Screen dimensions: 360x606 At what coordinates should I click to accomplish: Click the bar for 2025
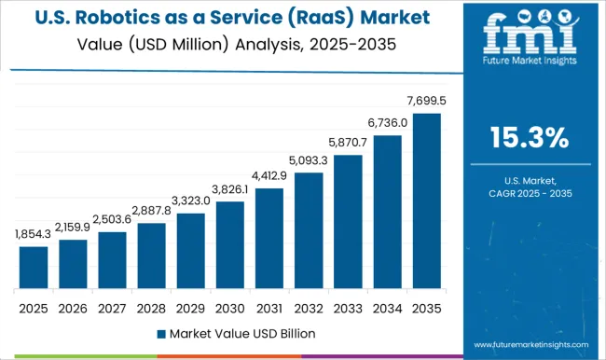(x=34, y=267)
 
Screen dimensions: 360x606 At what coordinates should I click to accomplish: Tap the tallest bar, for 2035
(x=426, y=201)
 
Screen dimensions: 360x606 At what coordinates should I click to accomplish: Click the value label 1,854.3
(x=34, y=235)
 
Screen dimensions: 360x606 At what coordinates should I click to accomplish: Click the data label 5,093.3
(x=309, y=161)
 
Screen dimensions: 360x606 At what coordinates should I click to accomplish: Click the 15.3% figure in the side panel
(x=530, y=138)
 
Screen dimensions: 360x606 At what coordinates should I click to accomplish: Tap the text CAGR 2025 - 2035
(x=530, y=192)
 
